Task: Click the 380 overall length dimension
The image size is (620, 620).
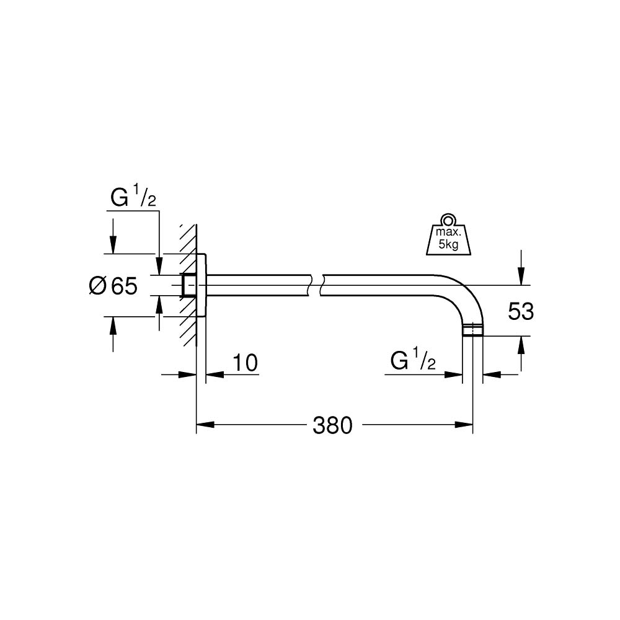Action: tap(332, 425)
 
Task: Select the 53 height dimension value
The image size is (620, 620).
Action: tap(521, 311)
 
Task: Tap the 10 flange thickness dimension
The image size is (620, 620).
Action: tap(246, 363)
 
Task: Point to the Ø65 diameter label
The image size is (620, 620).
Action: tap(112, 286)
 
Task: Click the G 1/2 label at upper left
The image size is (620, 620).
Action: tap(132, 199)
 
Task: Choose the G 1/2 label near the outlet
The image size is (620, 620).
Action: tap(414, 361)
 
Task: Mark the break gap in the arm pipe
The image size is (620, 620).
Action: tap(316, 285)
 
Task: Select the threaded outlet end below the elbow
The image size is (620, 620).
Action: tap(473, 330)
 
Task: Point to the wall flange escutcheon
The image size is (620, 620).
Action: tap(203, 285)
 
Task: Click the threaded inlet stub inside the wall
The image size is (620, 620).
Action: tap(187, 285)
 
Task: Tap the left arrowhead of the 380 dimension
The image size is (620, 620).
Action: tap(205, 425)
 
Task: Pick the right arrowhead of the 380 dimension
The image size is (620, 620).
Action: tap(465, 425)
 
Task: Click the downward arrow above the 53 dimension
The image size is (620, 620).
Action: tap(521, 277)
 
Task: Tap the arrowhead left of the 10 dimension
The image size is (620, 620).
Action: tap(188, 374)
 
